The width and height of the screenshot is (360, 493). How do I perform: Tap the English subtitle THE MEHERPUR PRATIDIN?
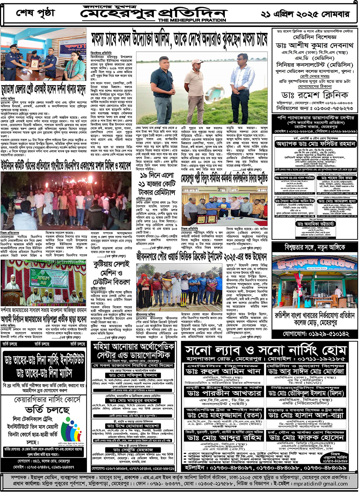click(192, 20)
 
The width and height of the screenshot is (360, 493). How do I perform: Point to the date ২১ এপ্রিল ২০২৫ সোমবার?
click(305, 14)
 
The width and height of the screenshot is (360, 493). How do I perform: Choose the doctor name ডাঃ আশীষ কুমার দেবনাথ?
click(314, 45)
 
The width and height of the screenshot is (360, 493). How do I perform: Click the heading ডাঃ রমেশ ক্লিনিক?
click(315, 95)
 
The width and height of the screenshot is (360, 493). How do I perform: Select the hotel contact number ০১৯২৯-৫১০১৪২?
click(316, 334)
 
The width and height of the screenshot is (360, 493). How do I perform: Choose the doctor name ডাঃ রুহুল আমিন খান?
click(223, 371)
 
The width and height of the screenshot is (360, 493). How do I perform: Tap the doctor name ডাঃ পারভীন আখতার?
click(223, 393)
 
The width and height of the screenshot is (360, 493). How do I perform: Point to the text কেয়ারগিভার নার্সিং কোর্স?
click(47, 400)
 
